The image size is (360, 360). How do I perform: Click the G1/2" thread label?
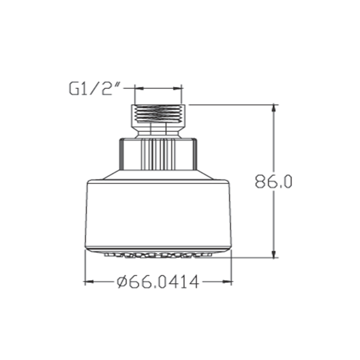pos(94,89)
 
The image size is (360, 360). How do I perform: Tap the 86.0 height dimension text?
pos(274,182)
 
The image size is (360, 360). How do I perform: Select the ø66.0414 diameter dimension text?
pos(158,282)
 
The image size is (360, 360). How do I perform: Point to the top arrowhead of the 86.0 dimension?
pos(274,108)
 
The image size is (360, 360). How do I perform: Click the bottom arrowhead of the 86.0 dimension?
pos(274,254)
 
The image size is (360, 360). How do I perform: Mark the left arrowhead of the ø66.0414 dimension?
pos(89,282)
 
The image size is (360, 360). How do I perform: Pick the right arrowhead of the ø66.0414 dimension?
pos(228,282)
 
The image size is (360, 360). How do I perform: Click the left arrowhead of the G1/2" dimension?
pos(139,88)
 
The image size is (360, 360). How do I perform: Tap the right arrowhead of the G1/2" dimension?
pos(177,88)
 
